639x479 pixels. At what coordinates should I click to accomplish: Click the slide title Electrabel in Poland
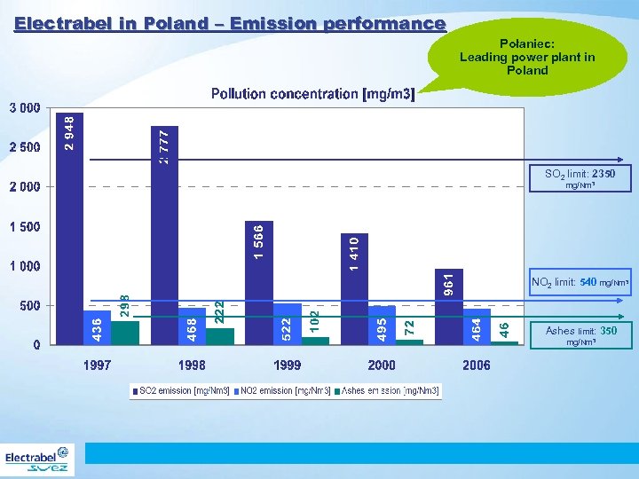pos(230,24)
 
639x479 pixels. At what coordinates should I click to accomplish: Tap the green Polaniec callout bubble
pos(527,56)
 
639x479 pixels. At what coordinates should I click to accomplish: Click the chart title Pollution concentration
pos(312,94)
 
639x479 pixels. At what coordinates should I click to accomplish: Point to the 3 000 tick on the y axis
pos(24,108)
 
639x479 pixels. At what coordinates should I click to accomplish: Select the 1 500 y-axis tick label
pos(24,227)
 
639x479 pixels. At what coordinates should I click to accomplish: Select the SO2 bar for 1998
pos(165,234)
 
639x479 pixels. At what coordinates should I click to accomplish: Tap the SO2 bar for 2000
pos(355,288)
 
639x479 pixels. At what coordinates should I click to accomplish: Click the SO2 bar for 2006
pos(450,306)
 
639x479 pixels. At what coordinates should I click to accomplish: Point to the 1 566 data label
pos(259,241)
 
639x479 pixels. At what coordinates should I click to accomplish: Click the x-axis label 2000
pos(382,365)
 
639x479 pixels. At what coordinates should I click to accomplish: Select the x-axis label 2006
pos(477,365)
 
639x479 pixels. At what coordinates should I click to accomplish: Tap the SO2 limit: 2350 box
pos(580,178)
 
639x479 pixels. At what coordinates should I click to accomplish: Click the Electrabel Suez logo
pos(38,460)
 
